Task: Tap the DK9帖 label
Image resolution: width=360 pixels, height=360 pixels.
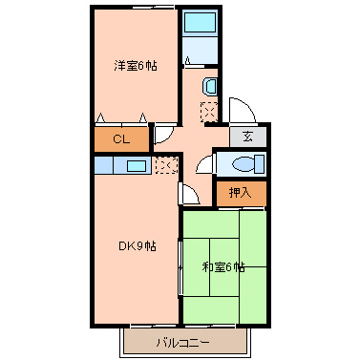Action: (137, 246)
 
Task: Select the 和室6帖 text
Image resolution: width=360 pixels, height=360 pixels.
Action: (223, 266)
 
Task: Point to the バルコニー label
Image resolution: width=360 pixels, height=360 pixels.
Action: (181, 341)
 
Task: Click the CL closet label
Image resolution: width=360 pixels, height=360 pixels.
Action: (120, 139)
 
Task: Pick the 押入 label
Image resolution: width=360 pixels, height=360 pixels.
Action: (241, 192)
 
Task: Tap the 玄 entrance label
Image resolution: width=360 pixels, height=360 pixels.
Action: (248, 137)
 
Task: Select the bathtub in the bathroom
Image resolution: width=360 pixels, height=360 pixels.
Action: (201, 24)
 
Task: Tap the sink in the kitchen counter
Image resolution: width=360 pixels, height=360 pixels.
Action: (137, 166)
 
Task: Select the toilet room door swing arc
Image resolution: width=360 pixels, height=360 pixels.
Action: (202, 165)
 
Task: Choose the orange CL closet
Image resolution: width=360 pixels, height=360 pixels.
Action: (122, 139)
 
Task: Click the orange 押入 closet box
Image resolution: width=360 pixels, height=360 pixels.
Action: (241, 193)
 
